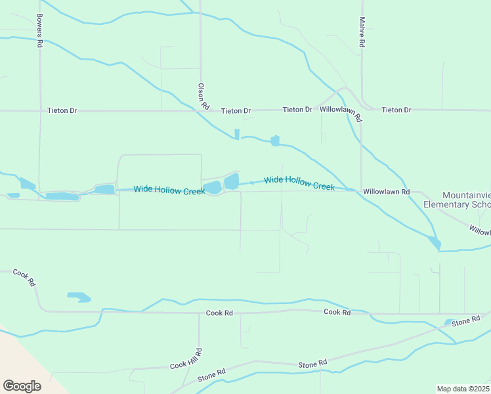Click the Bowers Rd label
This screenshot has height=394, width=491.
pos(40,30)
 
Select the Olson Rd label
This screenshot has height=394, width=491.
pos(203,96)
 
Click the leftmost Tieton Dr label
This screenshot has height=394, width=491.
pos(62,110)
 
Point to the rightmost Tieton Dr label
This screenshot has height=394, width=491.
pos(396,110)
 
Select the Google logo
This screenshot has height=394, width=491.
pos(22,386)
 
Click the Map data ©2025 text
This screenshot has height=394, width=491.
pos(463,389)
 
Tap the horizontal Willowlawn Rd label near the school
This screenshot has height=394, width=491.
pos(386,192)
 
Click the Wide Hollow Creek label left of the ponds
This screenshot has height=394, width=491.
pos(169,190)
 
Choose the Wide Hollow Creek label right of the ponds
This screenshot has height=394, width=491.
pos(299,183)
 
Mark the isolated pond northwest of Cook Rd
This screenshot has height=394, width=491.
pos(79,297)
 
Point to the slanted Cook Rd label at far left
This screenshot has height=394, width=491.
pos(25,279)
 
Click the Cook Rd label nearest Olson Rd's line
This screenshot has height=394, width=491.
pos(219,313)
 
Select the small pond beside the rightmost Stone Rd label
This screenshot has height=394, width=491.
pos(448,322)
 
